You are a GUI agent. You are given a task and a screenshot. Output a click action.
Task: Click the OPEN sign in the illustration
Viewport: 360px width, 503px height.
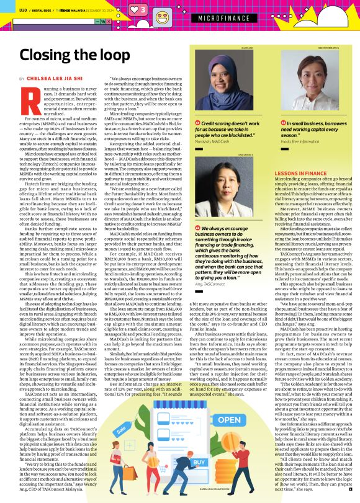[230, 420]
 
